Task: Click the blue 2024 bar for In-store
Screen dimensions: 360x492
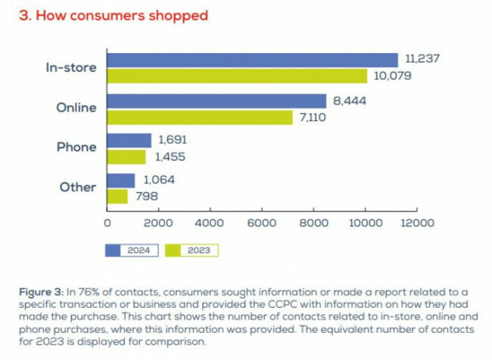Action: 252,61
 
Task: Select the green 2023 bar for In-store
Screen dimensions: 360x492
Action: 237,76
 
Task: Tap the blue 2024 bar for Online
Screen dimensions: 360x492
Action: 216,101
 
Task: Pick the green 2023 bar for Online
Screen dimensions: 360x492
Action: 200,117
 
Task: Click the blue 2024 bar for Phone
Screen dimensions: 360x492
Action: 129,141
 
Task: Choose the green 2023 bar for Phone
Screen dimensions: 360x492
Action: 126,157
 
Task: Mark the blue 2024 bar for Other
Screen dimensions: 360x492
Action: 121,181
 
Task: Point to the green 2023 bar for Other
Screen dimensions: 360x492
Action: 117,197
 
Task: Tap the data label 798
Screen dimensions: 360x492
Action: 147,197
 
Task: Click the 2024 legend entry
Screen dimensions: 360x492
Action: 132,249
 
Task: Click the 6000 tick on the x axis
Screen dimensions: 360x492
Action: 262,223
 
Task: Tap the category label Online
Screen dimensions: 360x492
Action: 76,108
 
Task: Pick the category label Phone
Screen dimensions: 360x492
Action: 77,148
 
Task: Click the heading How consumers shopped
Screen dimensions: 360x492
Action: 113,16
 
